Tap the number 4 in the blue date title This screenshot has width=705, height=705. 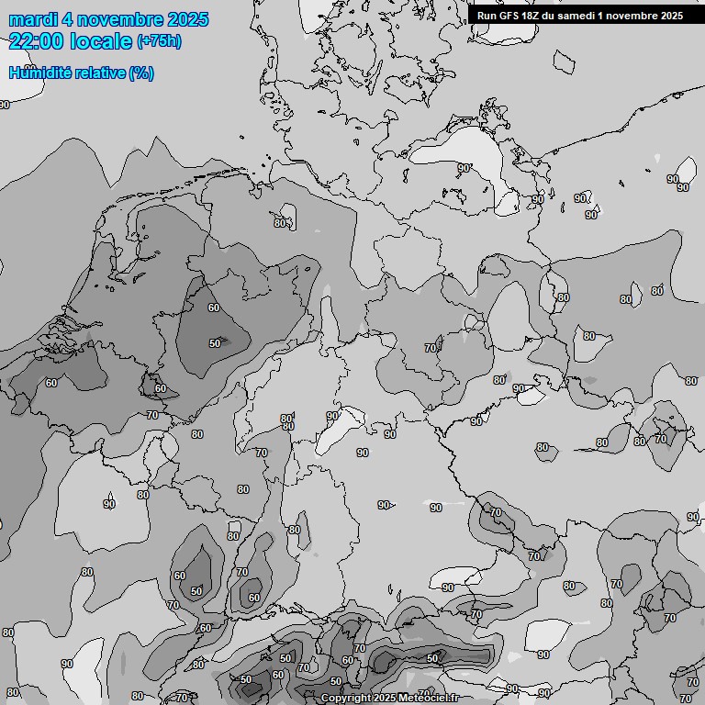click(69, 19)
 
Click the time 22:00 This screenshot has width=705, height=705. click(36, 41)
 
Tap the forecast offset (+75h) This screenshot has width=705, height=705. click(159, 41)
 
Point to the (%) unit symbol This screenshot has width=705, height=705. click(141, 73)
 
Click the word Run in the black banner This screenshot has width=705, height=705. click(487, 16)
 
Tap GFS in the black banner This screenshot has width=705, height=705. click(509, 16)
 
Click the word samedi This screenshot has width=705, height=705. click(579, 16)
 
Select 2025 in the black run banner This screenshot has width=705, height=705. click(672, 16)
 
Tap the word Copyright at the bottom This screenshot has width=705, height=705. click(347, 699)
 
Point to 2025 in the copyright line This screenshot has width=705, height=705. click(387, 699)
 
